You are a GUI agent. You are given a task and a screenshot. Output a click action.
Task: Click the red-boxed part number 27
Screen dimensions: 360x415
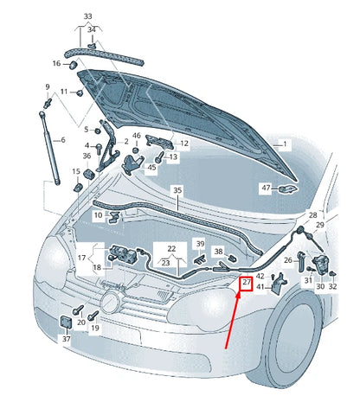click(x=247, y=282)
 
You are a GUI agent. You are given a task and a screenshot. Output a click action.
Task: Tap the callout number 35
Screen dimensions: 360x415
click(x=177, y=190)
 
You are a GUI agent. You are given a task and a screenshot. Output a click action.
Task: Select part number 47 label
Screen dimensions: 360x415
click(x=266, y=188)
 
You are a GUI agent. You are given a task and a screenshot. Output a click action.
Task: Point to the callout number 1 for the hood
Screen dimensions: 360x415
click(x=285, y=144)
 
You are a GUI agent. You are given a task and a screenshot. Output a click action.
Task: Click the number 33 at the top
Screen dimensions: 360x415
click(x=88, y=16)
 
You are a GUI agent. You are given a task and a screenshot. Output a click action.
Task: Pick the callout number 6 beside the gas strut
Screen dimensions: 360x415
click(x=63, y=140)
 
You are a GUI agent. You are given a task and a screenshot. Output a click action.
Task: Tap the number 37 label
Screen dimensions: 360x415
click(x=67, y=339)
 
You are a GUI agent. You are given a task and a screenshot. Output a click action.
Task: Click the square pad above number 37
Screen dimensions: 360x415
click(x=66, y=322)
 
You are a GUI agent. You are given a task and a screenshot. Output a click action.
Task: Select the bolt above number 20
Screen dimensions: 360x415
click(x=78, y=310)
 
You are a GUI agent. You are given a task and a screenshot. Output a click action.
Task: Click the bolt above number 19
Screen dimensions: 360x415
click(x=93, y=316)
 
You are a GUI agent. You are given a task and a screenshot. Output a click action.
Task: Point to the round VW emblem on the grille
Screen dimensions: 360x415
click(x=110, y=302)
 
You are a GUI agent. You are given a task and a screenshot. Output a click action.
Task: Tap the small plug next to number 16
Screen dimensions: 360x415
click(x=74, y=65)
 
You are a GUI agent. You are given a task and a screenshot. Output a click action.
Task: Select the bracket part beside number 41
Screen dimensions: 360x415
click(x=279, y=284)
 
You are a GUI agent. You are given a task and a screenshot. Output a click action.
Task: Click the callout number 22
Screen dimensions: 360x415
click(x=171, y=248)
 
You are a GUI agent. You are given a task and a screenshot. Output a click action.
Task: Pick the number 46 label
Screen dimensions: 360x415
click(x=137, y=136)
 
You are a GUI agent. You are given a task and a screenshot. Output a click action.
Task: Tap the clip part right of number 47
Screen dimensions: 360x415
click(x=287, y=188)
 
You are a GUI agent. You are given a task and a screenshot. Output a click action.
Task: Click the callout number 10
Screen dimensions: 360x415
click(x=99, y=215)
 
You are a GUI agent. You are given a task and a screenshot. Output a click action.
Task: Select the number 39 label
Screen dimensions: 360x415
click(x=200, y=244)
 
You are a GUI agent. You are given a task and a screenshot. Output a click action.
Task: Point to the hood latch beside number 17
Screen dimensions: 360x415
click(x=122, y=253)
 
